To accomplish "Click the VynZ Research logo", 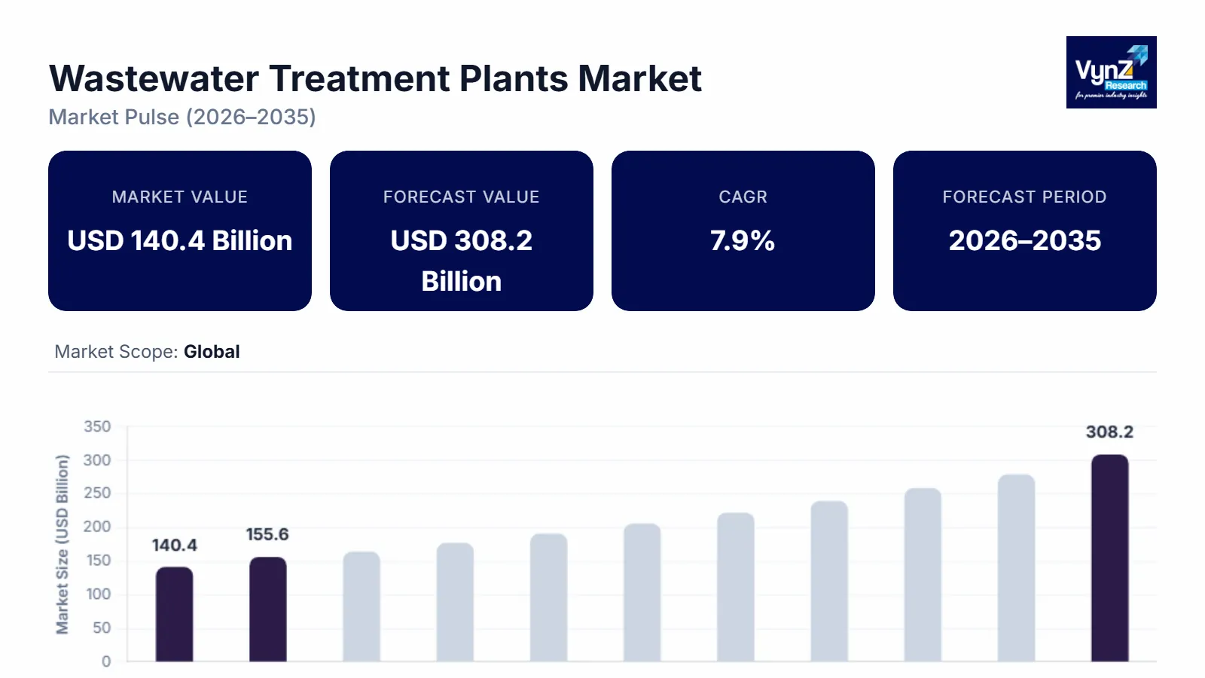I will pyautogui.click(x=1111, y=72).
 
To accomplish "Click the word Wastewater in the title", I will pyautogui.click(x=154, y=79).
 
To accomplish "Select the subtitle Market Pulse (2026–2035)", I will pyautogui.click(x=182, y=118).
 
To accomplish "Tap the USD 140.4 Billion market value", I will pyautogui.click(x=180, y=241).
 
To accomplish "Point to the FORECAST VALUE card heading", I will pyautogui.click(x=461, y=197).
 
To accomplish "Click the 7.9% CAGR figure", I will pyautogui.click(x=743, y=241).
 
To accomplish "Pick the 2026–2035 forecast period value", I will pyautogui.click(x=1024, y=241).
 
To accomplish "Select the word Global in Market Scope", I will pyautogui.click(x=212, y=352).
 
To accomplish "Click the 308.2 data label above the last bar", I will pyautogui.click(x=1109, y=432).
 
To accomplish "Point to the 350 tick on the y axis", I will pyautogui.click(x=97, y=426).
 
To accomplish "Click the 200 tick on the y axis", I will pyautogui.click(x=97, y=527).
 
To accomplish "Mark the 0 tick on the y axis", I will pyautogui.click(x=106, y=661).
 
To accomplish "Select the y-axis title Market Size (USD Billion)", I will pyautogui.click(x=62, y=544).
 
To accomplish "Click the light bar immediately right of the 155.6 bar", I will pyautogui.click(x=361, y=606).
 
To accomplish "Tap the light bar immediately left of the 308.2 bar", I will pyautogui.click(x=1016, y=568).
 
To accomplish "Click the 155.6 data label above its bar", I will pyautogui.click(x=267, y=535).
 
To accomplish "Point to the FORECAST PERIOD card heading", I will pyautogui.click(x=1024, y=197).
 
